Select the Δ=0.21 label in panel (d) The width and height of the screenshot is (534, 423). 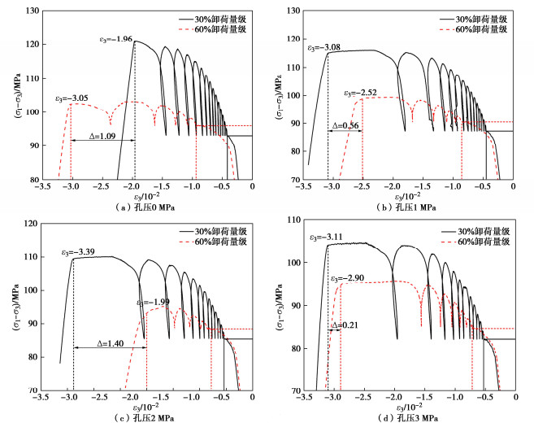(x=344, y=326)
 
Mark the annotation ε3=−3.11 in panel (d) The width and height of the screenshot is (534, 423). (x=326, y=238)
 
